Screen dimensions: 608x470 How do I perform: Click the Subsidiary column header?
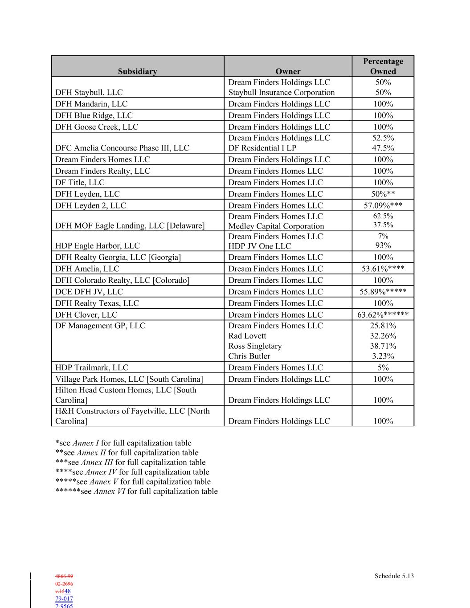137,71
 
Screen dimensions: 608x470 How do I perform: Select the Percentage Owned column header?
383,66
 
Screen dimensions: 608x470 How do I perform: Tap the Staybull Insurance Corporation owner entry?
281,93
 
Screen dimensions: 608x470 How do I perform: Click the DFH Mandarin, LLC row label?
91,104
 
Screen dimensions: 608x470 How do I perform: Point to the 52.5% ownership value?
383,138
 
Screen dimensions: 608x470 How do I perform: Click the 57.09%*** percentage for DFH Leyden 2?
383,205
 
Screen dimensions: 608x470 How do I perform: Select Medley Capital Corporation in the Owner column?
276,226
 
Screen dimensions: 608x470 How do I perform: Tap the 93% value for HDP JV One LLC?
383,245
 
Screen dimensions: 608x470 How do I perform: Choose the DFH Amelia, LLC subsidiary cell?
87,269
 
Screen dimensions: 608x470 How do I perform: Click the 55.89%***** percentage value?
383,292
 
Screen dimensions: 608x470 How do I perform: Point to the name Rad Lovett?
247,336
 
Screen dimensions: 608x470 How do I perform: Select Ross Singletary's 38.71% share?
383,346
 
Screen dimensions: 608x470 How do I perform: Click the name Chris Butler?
249,356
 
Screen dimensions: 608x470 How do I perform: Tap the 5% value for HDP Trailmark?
383,367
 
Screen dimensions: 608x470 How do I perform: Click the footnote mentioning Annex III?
131,462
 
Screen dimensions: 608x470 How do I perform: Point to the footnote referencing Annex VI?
136,491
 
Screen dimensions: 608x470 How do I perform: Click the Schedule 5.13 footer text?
394,576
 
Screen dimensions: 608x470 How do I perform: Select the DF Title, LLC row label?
80,183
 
